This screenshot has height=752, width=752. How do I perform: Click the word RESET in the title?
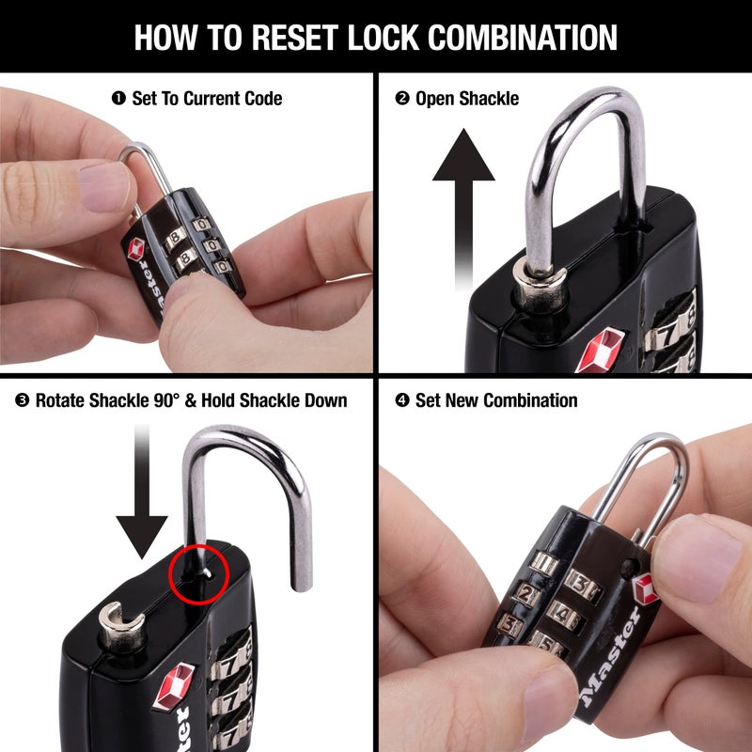tap(294, 37)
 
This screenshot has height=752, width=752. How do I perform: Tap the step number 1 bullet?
tap(118, 98)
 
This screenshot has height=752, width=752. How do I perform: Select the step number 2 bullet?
tap(402, 98)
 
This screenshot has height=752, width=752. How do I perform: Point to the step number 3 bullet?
tap(22, 400)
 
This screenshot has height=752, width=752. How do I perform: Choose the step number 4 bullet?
tap(402, 400)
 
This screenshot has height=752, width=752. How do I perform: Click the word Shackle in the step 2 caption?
tap(488, 98)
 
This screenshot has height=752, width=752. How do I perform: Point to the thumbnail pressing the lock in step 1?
tap(105, 186)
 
